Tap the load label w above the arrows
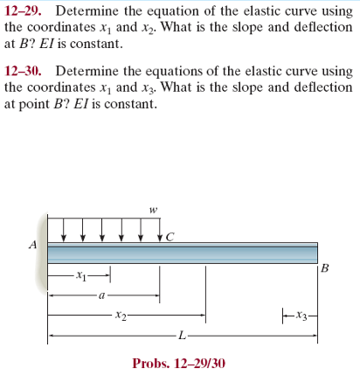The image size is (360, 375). click(x=153, y=209)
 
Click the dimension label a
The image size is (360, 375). click(x=102, y=295)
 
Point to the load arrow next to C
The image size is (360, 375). click(x=159, y=232)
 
